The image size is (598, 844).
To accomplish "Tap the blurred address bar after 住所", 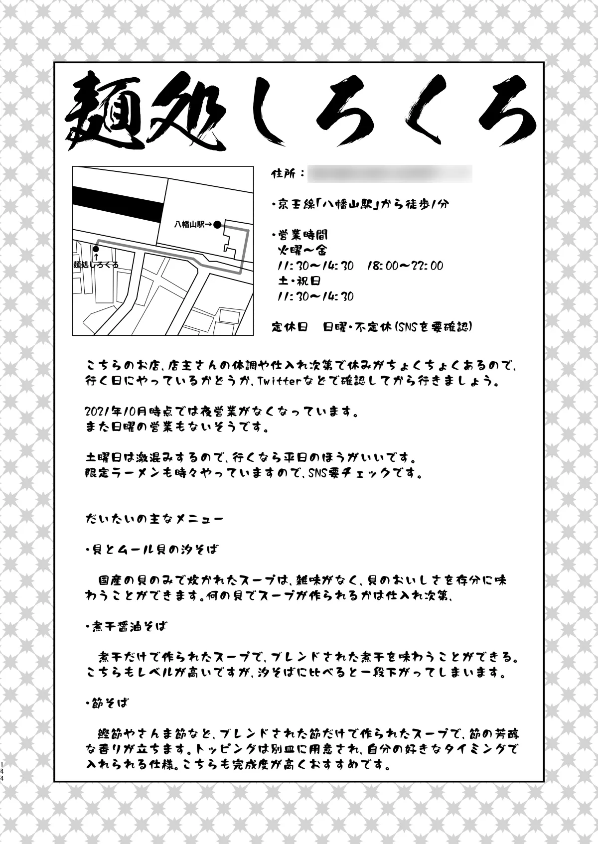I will [390, 173].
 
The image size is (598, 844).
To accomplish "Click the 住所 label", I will [287, 173].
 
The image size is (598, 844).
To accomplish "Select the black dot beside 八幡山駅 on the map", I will [217, 225].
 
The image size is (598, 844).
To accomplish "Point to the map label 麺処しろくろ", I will [96, 265].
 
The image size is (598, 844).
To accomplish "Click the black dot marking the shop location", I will [96, 248].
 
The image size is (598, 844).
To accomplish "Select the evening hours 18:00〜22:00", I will [405, 266].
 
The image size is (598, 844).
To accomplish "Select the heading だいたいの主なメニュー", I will [154, 519].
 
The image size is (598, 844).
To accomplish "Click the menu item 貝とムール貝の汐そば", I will [152, 550].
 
